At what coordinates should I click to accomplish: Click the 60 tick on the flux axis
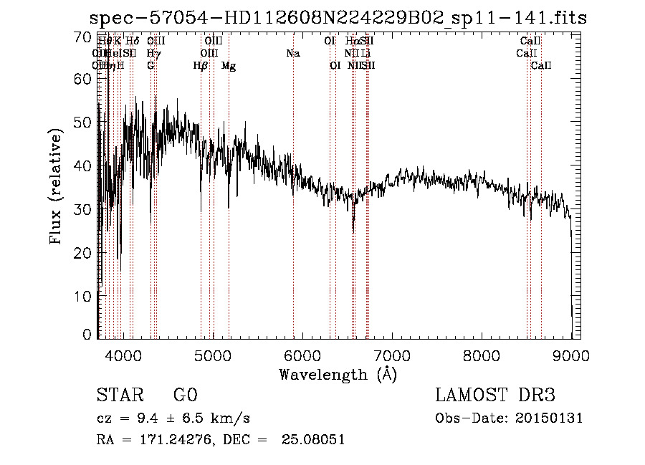click(x=84, y=79)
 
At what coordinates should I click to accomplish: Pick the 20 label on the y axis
click(x=84, y=253)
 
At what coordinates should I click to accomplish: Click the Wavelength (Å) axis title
click(x=338, y=374)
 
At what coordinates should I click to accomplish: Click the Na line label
click(x=292, y=53)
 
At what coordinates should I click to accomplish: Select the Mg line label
click(x=229, y=66)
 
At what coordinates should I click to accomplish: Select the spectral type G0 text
click(x=185, y=396)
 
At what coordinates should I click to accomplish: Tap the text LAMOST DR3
click(x=495, y=396)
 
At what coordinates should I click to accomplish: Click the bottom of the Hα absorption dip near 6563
click(x=353, y=231)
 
